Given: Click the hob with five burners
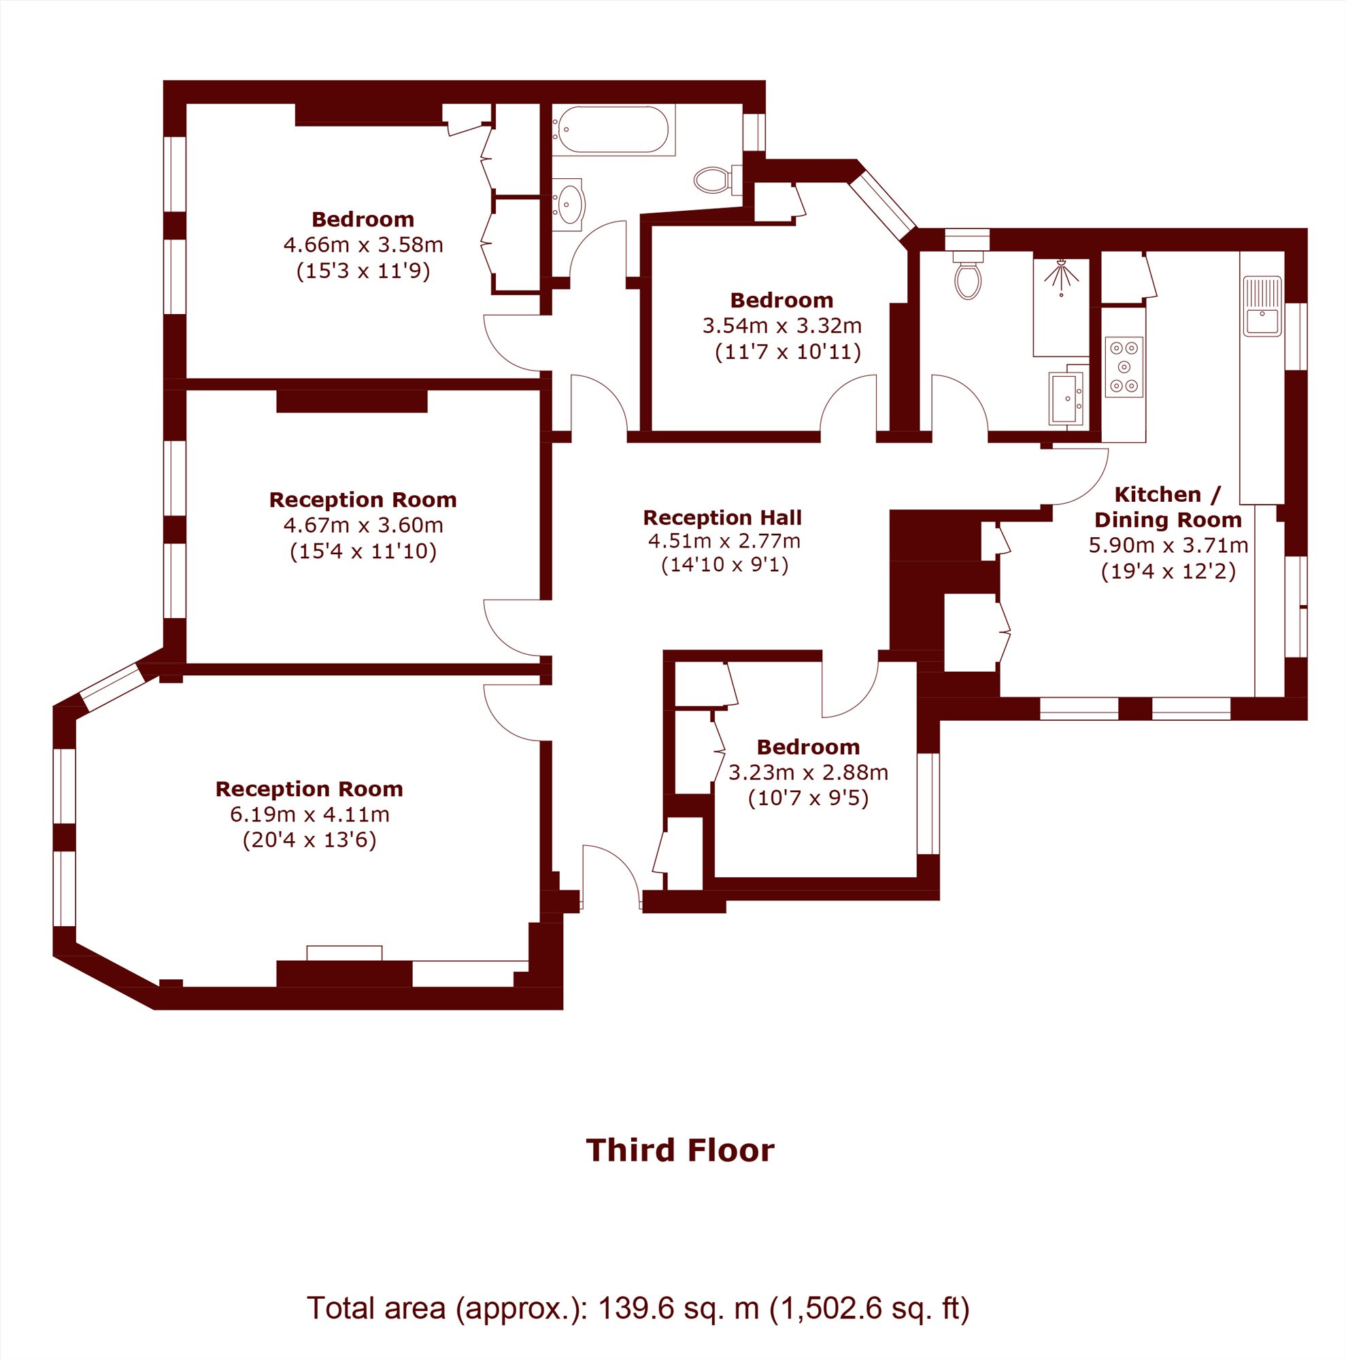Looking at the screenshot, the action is point(1124,367).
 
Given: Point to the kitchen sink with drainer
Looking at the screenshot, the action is point(1262,306).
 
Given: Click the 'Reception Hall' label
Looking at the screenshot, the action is point(722,518).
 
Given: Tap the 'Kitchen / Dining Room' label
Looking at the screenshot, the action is point(1168,507).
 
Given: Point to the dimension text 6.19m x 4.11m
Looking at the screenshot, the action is point(309,815).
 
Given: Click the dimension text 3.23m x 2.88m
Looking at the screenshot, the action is point(808,773).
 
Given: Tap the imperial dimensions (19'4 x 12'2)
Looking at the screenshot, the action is point(1168,571).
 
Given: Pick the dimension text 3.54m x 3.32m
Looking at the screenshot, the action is point(782,326).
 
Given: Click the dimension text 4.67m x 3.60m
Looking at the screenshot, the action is point(363,525).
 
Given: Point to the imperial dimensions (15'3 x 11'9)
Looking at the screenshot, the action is point(363,271).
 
